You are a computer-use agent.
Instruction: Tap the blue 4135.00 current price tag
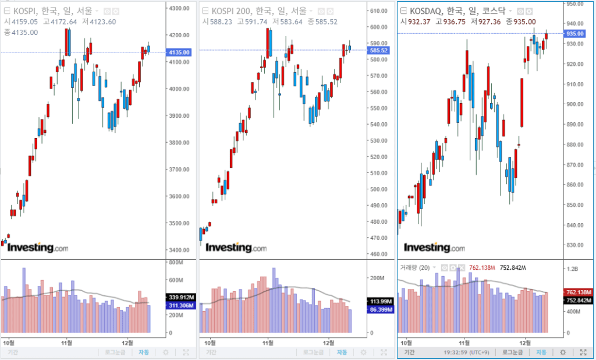click(x=179, y=52)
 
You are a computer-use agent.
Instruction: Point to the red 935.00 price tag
click(x=576, y=34)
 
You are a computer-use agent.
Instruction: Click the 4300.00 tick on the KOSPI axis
click(x=179, y=8)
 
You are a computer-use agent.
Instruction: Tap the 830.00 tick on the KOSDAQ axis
click(x=576, y=245)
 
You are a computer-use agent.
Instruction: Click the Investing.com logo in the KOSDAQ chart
click(x=435, y=248)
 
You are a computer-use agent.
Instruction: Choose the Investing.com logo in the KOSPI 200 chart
click(x=236, y=248)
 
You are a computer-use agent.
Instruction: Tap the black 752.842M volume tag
click(x=579, y=300)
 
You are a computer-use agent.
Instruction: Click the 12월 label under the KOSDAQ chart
click(x=526, y=342)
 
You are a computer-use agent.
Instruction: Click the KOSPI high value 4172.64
click(x=61, y=22)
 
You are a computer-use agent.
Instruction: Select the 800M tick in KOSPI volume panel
click(x=177, y=263)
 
